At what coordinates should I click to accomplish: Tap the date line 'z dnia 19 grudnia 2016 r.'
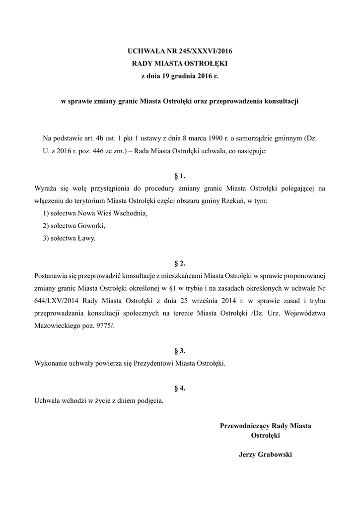(180, 75)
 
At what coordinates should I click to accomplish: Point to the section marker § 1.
(180, 176)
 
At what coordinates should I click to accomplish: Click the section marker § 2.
(180, 263)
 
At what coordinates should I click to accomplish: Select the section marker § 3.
(180, 350)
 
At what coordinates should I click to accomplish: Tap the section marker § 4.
(180, 387)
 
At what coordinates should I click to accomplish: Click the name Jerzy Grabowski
(265, 454)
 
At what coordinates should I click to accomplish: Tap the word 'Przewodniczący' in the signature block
(245, 426)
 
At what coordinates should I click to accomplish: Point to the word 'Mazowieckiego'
(56, 325)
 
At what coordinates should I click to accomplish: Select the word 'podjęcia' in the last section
(151, 400)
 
